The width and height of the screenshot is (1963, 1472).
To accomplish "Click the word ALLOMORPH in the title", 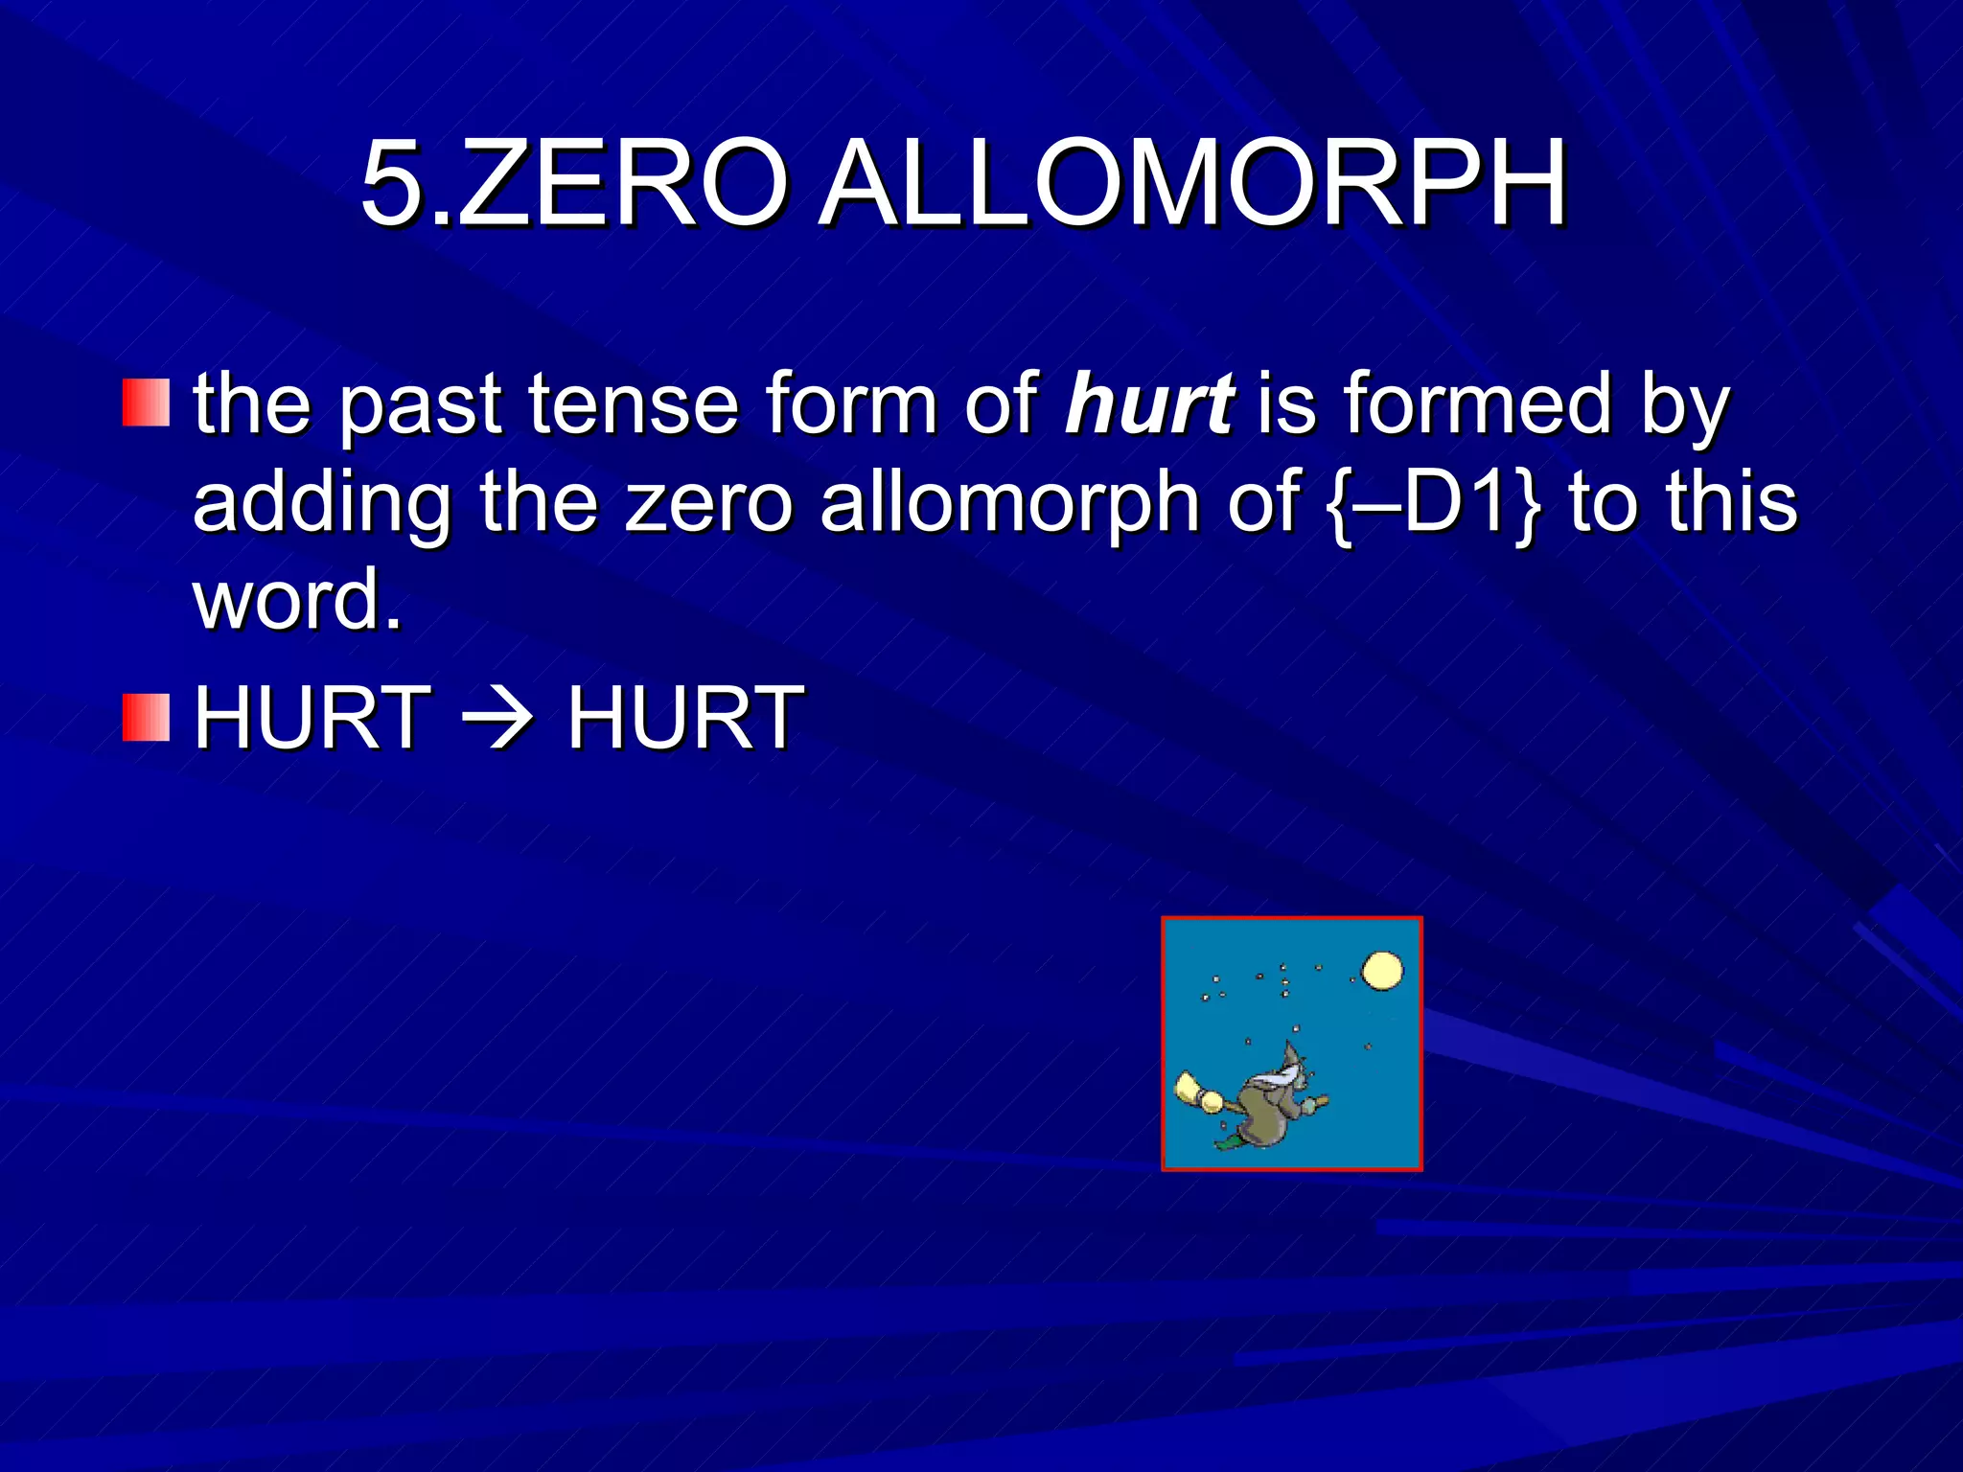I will (1194, 184).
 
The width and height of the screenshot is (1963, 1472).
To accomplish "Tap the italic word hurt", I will (1149, 405).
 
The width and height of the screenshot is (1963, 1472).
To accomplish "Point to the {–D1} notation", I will (1435, 503).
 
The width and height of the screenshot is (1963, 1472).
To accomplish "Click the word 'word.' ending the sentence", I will (298, 600).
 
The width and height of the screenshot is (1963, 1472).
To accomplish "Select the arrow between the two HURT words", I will (497, 718).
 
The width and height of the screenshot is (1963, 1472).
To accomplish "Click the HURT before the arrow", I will (312, 718).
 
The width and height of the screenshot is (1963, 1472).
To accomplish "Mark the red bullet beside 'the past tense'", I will (146, 402).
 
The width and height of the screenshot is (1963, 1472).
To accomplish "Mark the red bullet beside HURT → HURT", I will (146, 718).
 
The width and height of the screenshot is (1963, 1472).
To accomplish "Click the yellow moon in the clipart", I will (1382, 970).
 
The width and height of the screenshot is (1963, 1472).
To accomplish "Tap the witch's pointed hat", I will (1293, 1059).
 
